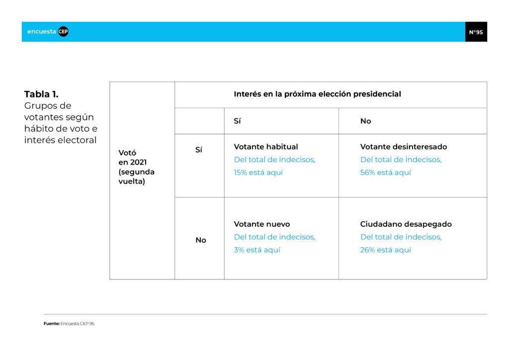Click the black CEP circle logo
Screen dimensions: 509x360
pos(63,31)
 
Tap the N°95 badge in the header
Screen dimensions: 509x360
pos(476,32)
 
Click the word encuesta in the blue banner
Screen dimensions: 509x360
pos(42,31)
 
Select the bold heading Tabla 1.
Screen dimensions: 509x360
pos(41,94)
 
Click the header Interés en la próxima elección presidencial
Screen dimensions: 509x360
pos(317,94)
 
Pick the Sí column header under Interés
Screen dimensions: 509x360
pos(237,121)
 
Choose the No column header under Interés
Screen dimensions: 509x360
pos(365,121)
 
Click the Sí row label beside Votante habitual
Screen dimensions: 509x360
pos(199,150)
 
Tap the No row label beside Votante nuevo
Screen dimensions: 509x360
pos(201,240)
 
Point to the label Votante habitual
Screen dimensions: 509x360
pos(266,147)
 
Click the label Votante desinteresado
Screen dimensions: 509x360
pos(404,147)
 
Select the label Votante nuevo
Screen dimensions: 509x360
pos(262,224)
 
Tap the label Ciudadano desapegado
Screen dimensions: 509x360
pos(406,224)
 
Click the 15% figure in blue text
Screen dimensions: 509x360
pos(240,173)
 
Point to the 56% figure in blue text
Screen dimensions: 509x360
pos(367,173)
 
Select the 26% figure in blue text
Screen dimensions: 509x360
pos(367,250)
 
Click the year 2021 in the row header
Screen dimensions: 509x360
pos(138,162)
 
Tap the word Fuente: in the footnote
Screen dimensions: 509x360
pos(52,324)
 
